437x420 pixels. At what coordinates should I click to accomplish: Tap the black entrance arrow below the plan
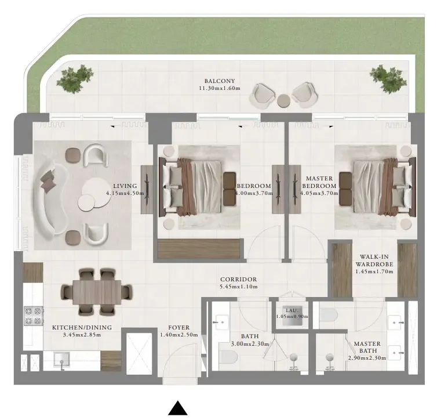[178, 408]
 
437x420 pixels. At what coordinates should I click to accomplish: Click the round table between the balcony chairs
[283, 100]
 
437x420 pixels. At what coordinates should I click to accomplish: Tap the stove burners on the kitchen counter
[33, 316]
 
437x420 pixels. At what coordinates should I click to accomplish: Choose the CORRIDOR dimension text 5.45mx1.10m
[238, 287]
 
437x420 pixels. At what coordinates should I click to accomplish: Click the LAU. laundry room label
[292, 310]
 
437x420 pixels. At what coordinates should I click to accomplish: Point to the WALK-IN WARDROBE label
[374, 260]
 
